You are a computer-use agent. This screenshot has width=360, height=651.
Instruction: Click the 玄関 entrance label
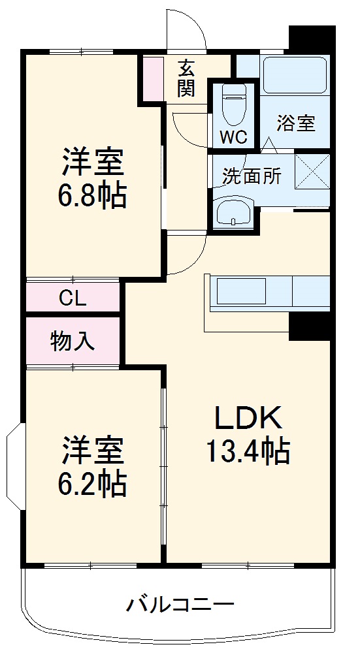186,78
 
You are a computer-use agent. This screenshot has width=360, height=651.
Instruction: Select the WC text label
233,137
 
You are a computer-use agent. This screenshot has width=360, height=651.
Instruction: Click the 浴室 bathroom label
296,123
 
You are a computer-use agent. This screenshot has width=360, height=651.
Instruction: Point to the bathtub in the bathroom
293,76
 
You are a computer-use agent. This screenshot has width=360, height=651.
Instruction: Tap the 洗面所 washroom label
252,176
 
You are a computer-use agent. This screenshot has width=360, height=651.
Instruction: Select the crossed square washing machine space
312,170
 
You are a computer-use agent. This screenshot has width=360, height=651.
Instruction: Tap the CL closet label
73,298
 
